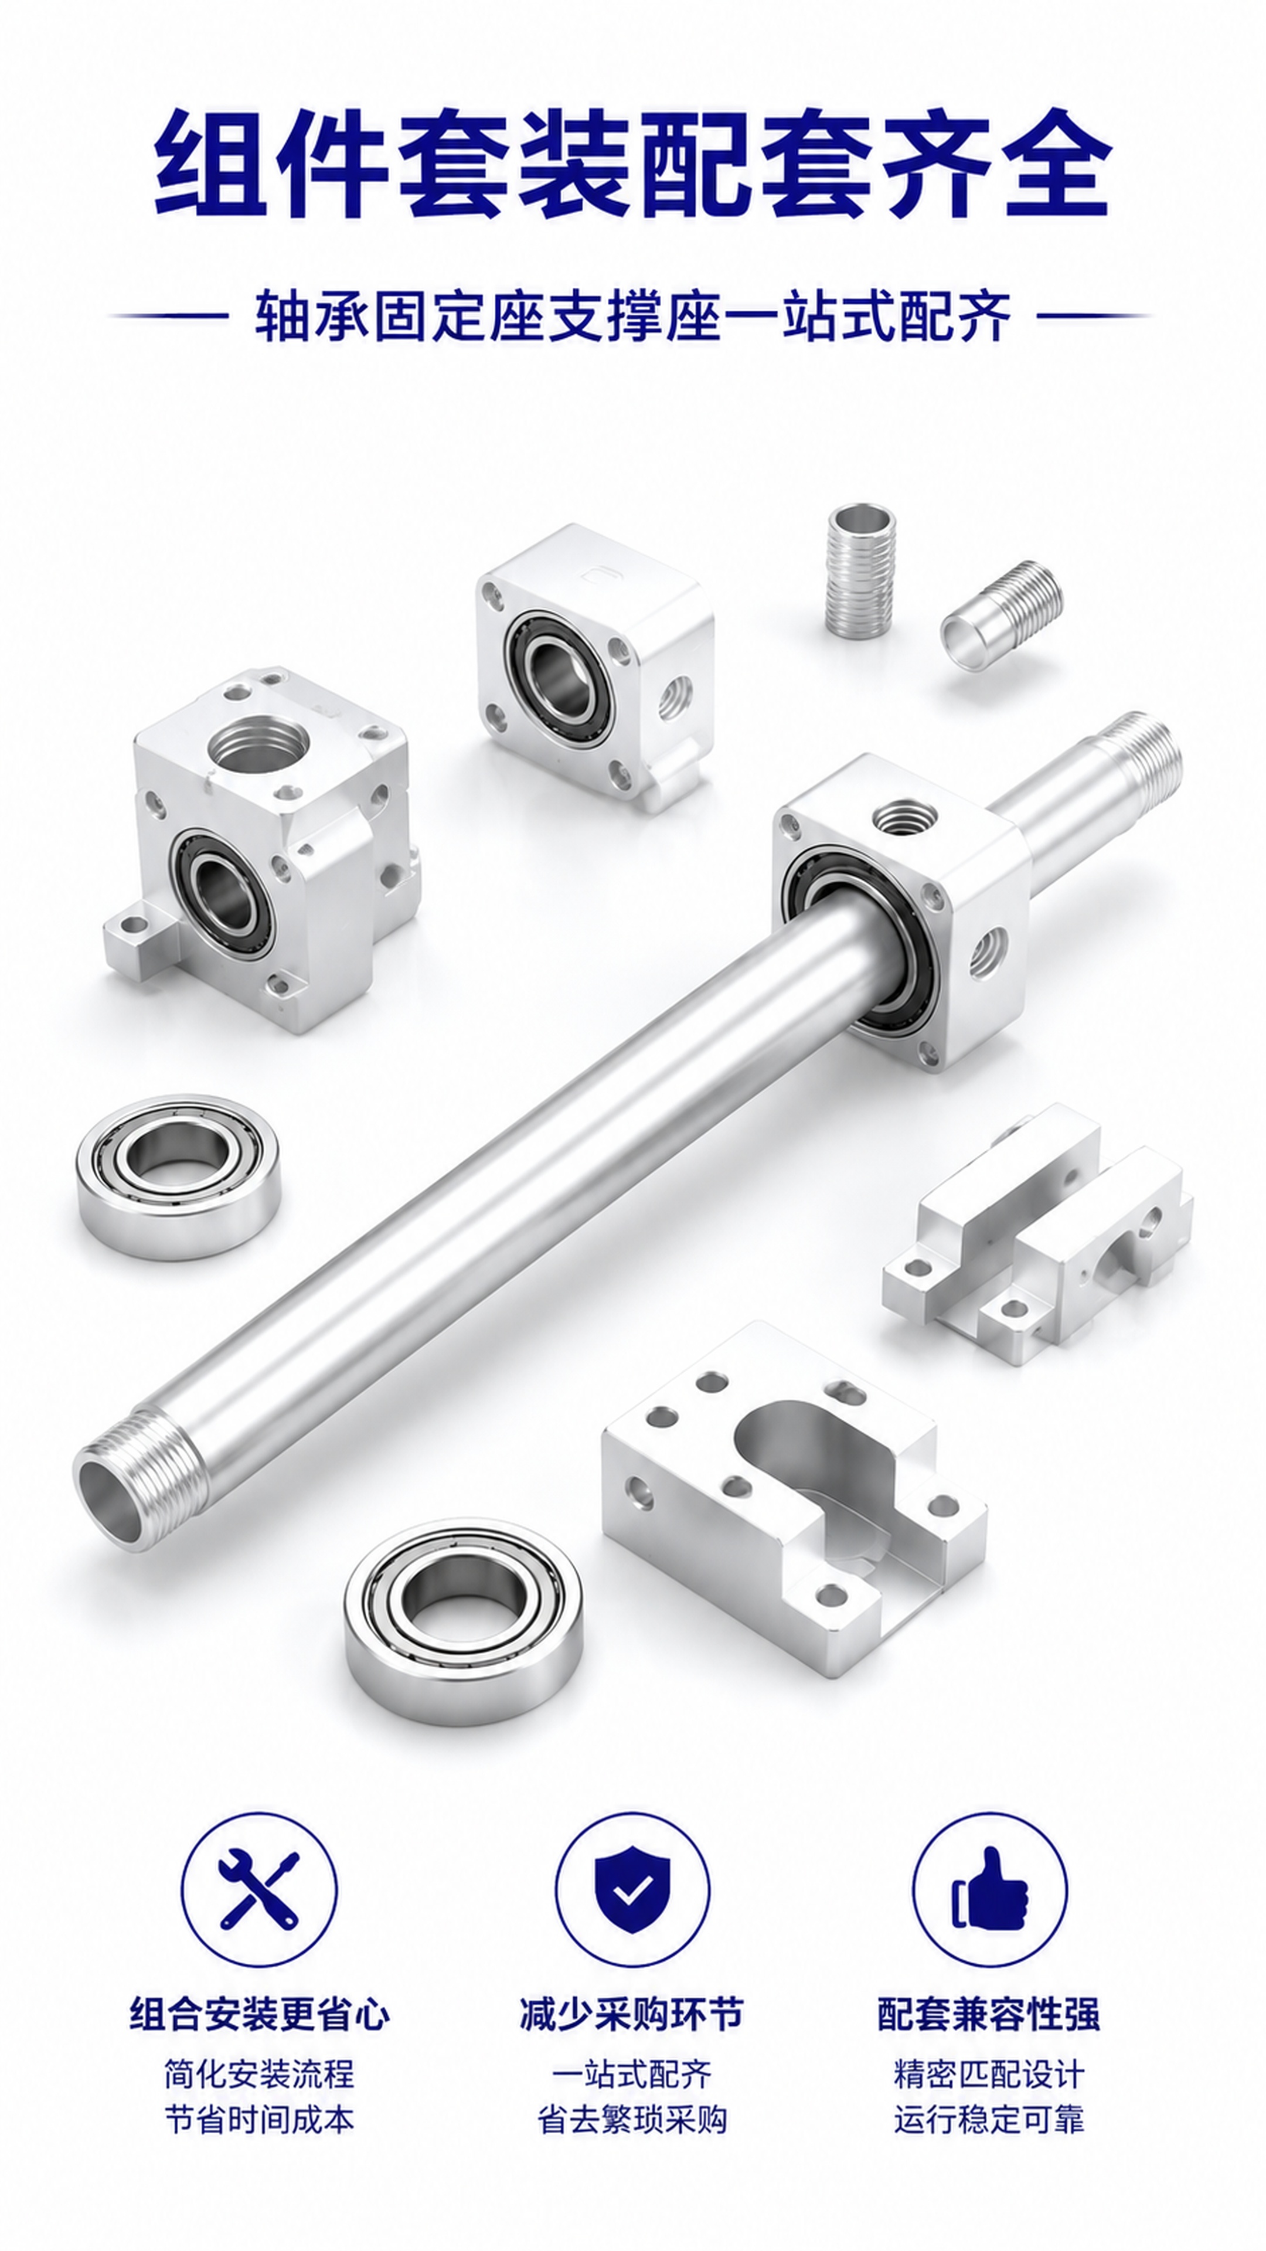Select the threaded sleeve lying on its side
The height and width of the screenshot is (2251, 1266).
point(1001,616)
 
